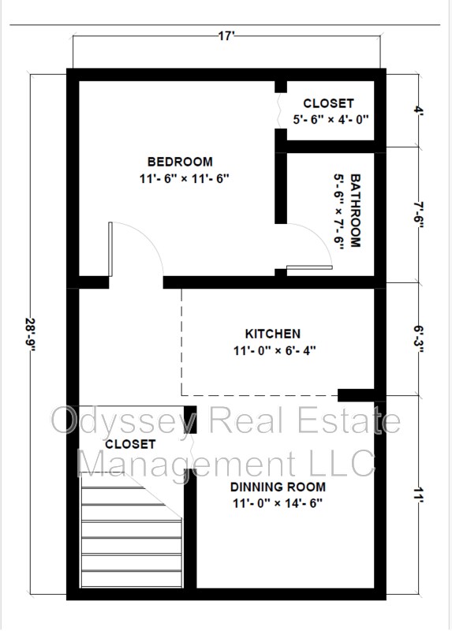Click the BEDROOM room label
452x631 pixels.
[x=180, y=162]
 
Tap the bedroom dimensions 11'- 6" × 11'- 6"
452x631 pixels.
[x=185, y=178]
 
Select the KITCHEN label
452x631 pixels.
[x=272, y=334]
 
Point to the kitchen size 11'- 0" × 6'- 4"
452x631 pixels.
[x=275, y=350]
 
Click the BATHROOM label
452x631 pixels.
[x=355, y=211]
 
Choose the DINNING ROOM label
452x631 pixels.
[x=278, y=487]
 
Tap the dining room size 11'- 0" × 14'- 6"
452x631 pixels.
[x=278, y=503]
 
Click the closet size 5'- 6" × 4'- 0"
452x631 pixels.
[x=331, y=120]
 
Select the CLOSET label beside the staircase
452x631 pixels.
[x=130, y=444]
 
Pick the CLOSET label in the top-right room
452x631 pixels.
[x=328, y=103]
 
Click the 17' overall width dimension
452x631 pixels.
[x=226, y=36]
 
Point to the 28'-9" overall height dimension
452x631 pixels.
[x=31, y=334]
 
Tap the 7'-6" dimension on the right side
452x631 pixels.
[x=419, y=215]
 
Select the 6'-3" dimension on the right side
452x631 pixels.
[x=419, y=339]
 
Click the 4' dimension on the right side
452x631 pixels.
[x=419, y=109]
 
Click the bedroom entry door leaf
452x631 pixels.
[x=110, y=249]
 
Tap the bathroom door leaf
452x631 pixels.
[x=309, y=267]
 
